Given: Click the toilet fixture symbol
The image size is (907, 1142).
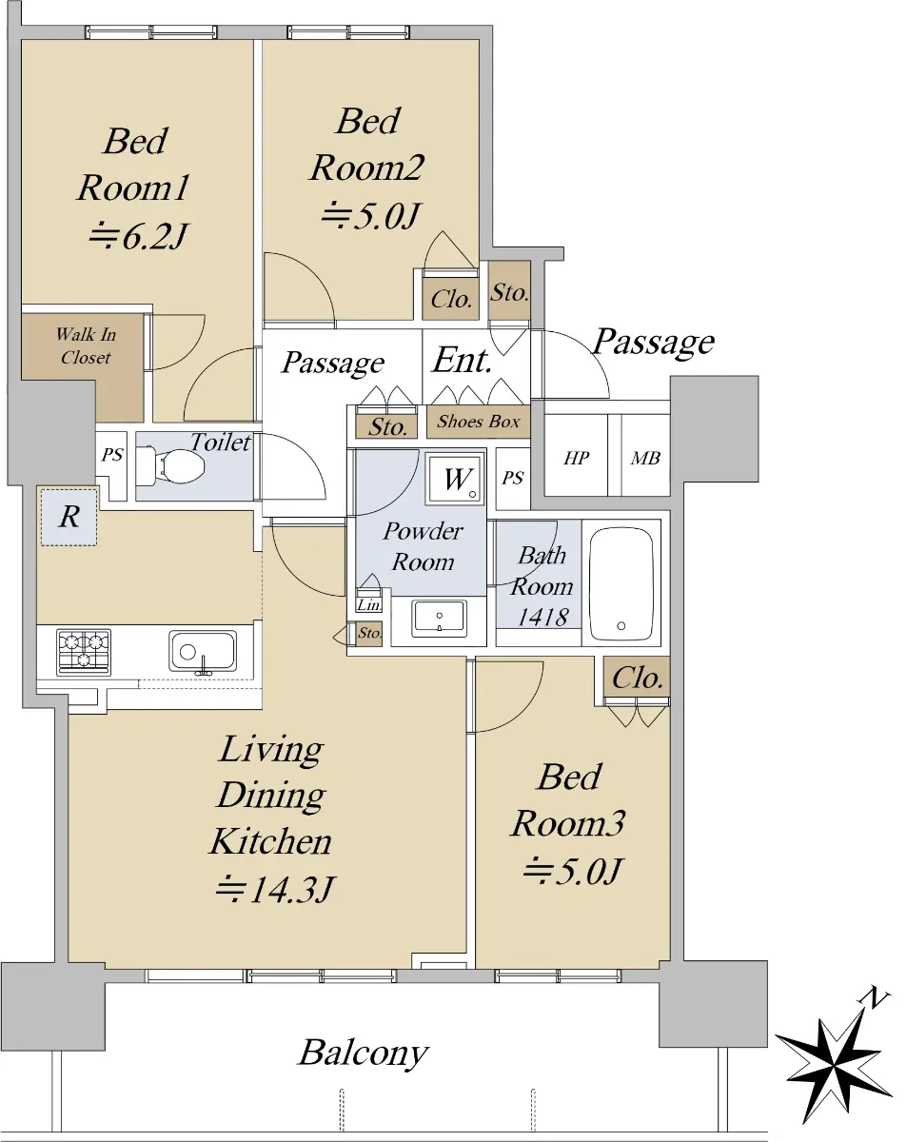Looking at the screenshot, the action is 169,466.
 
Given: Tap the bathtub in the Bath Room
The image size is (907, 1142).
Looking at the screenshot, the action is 621,583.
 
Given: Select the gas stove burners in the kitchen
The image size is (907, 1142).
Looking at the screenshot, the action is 84,652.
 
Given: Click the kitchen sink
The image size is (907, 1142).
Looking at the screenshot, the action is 202,652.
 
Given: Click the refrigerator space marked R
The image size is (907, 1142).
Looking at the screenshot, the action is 69,517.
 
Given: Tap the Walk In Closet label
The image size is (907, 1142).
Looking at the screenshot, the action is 86,345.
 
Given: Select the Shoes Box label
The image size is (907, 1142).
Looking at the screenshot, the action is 478,422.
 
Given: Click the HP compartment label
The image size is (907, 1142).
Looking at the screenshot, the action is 576,458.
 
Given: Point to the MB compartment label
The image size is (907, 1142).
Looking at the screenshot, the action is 645,458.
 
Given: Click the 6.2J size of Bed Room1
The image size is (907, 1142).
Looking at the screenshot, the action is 138,236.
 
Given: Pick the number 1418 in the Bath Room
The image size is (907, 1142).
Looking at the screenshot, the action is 542,617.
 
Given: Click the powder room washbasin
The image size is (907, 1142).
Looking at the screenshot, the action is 440,619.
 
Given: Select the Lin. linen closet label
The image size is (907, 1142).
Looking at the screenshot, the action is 369,604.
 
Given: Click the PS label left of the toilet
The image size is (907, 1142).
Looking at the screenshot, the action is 112,455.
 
